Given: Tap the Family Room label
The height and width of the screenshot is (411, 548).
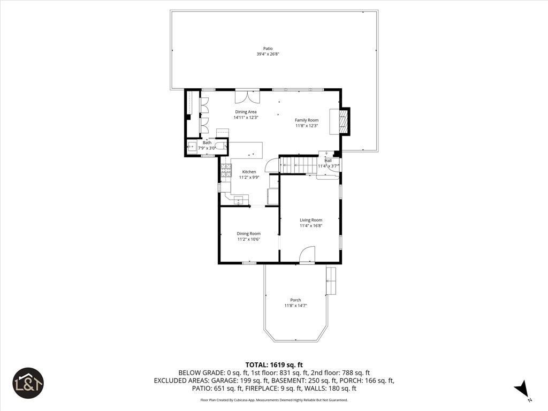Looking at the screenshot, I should point(307,120).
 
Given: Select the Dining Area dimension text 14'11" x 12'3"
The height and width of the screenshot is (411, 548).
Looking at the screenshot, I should point(245,118).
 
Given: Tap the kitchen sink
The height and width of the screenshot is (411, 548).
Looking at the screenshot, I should point(239,200).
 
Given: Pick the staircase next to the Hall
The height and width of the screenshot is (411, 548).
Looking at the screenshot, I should point(300,165).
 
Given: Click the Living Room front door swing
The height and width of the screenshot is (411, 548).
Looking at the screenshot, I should point(307,255).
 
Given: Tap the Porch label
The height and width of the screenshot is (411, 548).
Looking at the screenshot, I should point(295,300).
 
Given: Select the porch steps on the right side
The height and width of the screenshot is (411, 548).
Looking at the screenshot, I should point(332,281).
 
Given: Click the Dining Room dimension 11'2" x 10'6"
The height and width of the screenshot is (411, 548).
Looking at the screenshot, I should point(249,239).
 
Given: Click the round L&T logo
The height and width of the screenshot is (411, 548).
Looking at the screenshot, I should point(28,383).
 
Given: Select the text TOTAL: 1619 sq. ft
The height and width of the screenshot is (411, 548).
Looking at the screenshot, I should point(274,365).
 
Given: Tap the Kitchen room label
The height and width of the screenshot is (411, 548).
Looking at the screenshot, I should point(249,172).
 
